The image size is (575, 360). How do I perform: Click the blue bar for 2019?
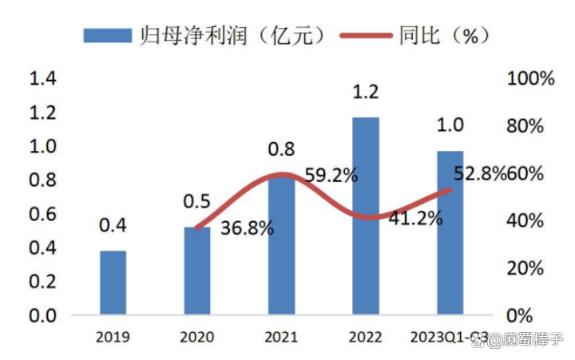point(113,283)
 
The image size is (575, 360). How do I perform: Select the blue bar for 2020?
point(197,271)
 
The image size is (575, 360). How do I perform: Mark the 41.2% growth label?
point(415,216)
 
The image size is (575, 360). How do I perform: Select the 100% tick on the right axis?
point(530,79)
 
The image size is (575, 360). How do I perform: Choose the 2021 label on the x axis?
point(280,337)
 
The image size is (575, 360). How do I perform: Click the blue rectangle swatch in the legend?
point(107,36)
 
